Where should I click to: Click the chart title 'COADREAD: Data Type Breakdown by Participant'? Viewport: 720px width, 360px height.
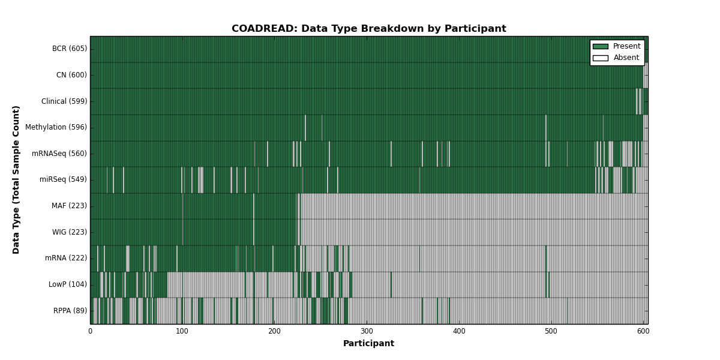point(368,29)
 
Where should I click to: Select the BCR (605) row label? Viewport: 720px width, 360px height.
point(70,49)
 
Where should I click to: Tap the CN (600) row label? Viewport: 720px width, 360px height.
point(71,75)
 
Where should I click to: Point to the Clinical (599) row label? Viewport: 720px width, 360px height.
point(64,101)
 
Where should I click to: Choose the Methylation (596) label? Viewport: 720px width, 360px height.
point(56,127)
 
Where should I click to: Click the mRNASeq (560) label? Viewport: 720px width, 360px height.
point(59,154)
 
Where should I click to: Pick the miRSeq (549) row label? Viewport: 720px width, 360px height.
point(63,179)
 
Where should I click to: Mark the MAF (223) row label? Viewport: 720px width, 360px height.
point(69,206)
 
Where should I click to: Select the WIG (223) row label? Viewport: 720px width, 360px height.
point(70,232)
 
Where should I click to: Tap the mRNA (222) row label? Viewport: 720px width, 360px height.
point(66,258)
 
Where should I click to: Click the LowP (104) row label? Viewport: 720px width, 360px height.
point(67,284)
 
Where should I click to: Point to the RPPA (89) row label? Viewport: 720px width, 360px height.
point(70,311)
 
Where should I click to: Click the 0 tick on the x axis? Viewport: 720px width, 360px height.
point(91,331)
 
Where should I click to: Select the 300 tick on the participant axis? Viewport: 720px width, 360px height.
point(367,331)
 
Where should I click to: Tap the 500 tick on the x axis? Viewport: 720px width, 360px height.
point(551,331)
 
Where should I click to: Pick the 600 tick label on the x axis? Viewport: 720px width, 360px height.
point(643,331)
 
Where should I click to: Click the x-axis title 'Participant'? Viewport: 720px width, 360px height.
point(368,344)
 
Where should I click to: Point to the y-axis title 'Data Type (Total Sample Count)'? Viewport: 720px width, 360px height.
point(16,180)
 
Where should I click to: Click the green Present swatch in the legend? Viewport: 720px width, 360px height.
point(601,47)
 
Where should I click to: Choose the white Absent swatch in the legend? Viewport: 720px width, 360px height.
point(601,58)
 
